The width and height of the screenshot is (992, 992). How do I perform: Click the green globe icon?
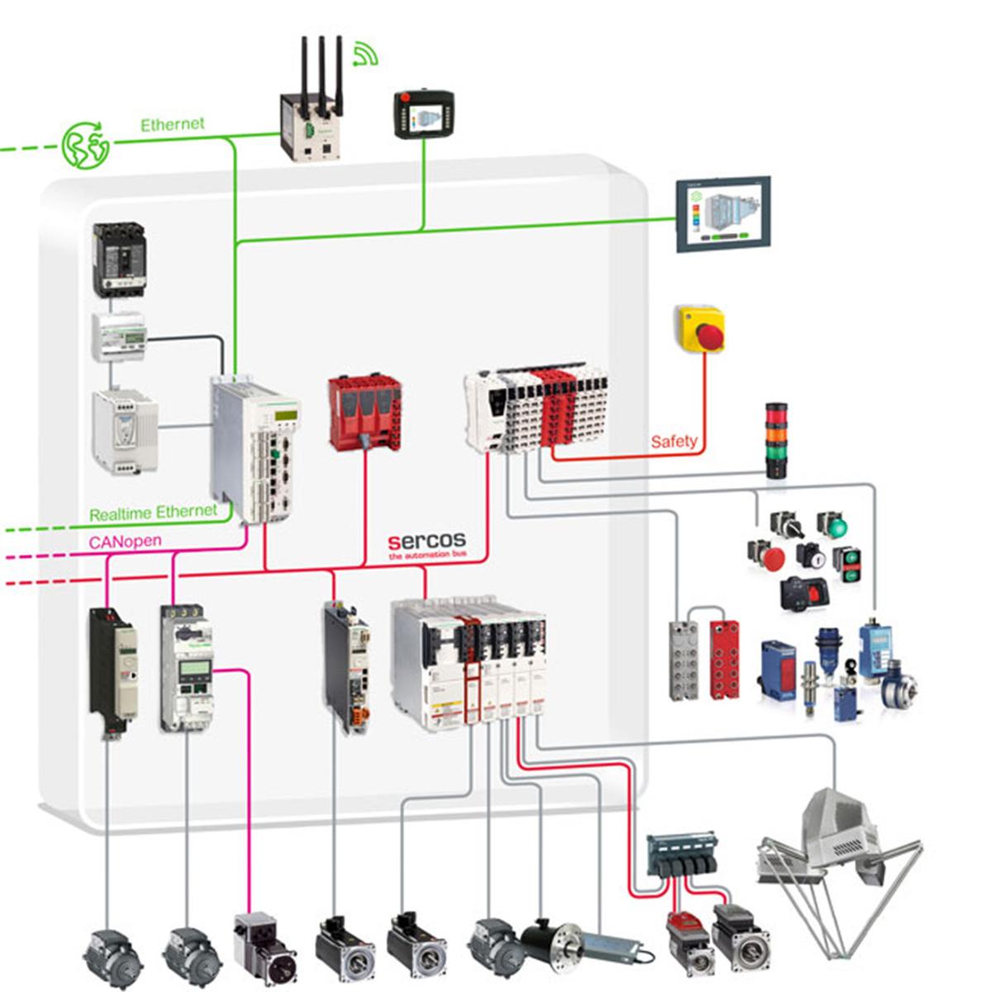[86, 145]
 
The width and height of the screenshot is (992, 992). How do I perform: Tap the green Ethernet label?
[172, 125]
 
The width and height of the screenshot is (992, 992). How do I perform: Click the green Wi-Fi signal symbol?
[365, 54]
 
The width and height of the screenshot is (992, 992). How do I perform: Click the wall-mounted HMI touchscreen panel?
[723, 214]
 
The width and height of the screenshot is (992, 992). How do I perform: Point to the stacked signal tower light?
[776, 441]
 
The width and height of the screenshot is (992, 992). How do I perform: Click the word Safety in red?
[674, 441]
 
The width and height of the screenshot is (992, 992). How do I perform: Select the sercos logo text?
[427, 542]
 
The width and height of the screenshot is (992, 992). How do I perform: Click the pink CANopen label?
[125, 541]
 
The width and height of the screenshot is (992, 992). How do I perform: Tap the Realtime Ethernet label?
[153, 513]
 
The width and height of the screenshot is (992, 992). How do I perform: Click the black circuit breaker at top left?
[119, 259]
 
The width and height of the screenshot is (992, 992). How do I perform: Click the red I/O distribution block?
[725, 661]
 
